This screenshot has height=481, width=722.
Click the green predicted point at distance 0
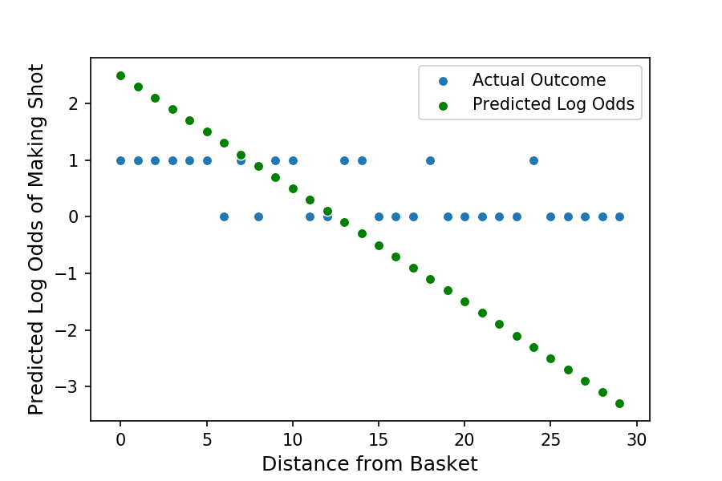click(120, 75)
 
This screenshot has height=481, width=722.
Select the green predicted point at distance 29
click(619, 403)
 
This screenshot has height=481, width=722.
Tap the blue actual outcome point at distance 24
click(533, 160)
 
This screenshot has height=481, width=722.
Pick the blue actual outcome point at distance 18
click(430, 160)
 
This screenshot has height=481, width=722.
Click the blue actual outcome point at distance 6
click(224, 216)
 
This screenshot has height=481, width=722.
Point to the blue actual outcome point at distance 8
click(258, 216)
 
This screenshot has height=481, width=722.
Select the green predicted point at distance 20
click(464, 301)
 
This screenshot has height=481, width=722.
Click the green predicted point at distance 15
click(379, 245)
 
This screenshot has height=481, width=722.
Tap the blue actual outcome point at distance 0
click(120, 160)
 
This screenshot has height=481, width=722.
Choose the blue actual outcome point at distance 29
click(619, 216)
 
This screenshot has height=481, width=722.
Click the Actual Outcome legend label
click(538, 80)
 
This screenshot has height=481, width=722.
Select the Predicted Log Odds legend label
click(553, 104)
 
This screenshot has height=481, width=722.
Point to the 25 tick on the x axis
click(550, 422)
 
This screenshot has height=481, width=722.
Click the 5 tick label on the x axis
click(207, 439)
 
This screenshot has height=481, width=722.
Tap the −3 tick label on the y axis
click(74, 387)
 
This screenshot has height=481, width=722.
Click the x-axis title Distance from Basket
click(369, 463)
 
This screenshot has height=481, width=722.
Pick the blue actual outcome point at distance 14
click(362, 160)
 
